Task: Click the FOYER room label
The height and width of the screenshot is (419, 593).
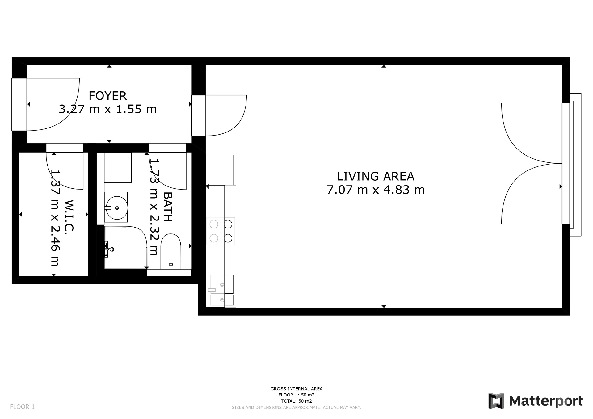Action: point(107,96)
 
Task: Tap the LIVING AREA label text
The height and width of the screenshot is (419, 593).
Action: point(376,176)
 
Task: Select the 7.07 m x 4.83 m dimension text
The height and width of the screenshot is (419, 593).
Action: point(376,190)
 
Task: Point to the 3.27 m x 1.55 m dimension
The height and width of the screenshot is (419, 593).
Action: point(107,109)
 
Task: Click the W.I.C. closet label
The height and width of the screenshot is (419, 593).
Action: point(69,216)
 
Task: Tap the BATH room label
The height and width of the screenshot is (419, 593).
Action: point(167,207)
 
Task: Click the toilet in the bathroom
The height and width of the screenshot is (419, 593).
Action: point(171,251)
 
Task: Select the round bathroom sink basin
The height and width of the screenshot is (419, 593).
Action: point(116,208)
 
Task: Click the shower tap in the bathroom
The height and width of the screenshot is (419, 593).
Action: point(109,249)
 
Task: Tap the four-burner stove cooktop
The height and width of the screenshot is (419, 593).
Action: point(221,231)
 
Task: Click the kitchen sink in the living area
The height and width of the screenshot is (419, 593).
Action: point(222,290)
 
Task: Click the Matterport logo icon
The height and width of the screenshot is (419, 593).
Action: point(496,401)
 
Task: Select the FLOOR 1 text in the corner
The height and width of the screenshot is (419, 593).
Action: point(22,407)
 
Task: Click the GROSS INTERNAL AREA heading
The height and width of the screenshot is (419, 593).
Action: point(296,389)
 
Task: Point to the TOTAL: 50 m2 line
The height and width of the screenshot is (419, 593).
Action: point(296,401)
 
